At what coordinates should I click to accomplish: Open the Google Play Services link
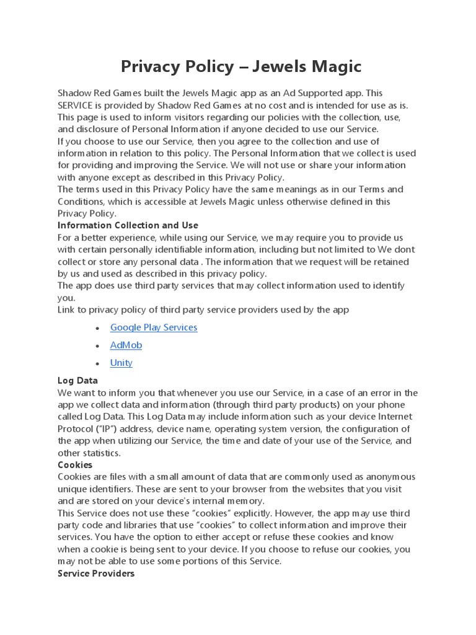[x=154, y=327]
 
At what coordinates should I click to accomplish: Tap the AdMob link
[x=126, y=345]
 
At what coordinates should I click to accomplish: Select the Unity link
[x=121, y=363]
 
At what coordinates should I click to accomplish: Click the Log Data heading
[x=77, y=380]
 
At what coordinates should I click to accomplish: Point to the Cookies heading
[x=75, y=464]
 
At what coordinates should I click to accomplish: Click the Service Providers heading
[x=96, y=574]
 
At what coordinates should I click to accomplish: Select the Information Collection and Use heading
[x=128, y=225]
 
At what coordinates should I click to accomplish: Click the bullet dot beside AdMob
[x=97, y=345]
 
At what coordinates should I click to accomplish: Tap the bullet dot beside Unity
[x=97, y=363]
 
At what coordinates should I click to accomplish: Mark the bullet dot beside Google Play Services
[x=97, y=328]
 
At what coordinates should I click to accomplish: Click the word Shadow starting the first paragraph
[x=74, y=93]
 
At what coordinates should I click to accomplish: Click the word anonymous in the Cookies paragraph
[x=392, y=477]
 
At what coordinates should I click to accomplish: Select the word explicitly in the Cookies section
[x=242, y=513]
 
